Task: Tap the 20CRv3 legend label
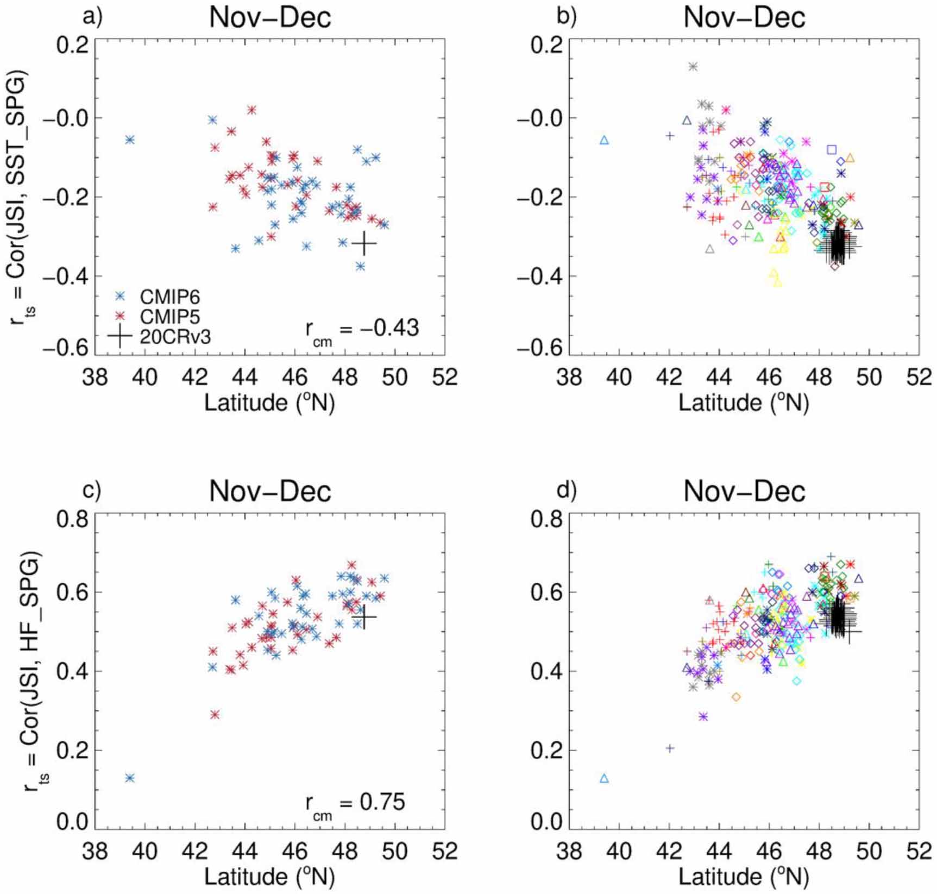(x=175, y=337)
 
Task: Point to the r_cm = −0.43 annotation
(x=362, y=329)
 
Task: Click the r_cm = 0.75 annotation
(x=355, y=803)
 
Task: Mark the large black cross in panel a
(x=364, y=244)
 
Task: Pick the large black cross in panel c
(x=364, y=617)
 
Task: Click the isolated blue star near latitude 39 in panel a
(x=130, y=140)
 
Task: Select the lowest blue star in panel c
(x=130, y=778)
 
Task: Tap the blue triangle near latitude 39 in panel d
(x=604, y=778)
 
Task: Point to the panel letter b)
(x=567, y=17)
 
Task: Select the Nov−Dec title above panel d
(x=744, y=491)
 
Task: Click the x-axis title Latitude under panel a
(x=269, y=403)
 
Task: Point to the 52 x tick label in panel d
(x=919, y=850)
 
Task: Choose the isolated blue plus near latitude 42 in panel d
(x=670, y=748)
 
